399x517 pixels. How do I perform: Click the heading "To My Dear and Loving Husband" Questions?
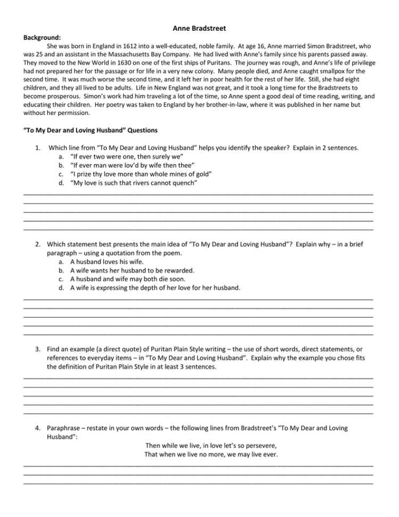pos(91,130)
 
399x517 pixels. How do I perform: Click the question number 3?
pos(38,349)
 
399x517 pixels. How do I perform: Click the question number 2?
pos(38,244)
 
